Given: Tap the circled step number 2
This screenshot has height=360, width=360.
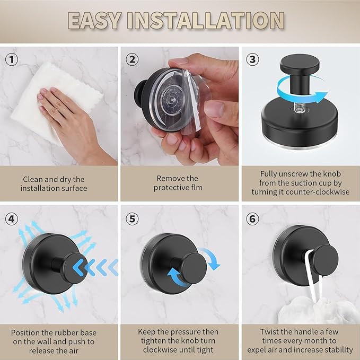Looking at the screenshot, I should (x=133, y=59).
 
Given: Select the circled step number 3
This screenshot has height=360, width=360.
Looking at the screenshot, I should (x=253, y=59).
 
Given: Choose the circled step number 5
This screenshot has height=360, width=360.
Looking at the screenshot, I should (x=133, y=218).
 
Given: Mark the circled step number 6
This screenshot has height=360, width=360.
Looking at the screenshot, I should (x=253, y=218).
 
